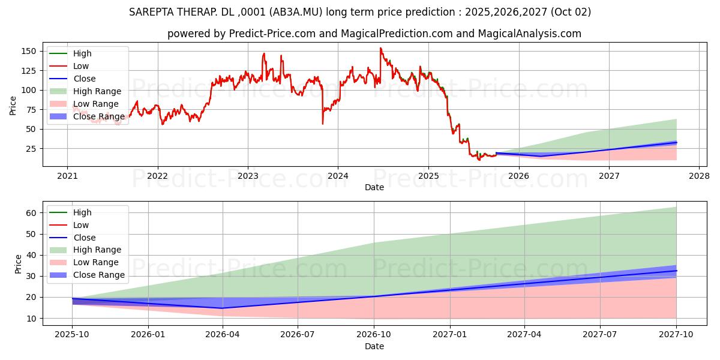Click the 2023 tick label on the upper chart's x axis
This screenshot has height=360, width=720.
(248, 176)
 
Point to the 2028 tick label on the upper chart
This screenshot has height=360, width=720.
(699, 176)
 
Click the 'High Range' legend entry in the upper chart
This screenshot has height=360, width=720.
(97, 91)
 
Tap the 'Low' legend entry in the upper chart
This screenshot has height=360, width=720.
(81, 66)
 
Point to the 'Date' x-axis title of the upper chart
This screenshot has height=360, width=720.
(374, 187)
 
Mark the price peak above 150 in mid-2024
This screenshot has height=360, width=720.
(380, 48)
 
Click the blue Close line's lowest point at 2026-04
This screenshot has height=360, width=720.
(223, 308)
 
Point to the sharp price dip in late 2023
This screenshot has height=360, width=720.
(323, 124)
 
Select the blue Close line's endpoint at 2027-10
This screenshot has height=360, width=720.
(676, 271)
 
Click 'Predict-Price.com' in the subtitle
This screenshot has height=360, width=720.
(272, 34)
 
